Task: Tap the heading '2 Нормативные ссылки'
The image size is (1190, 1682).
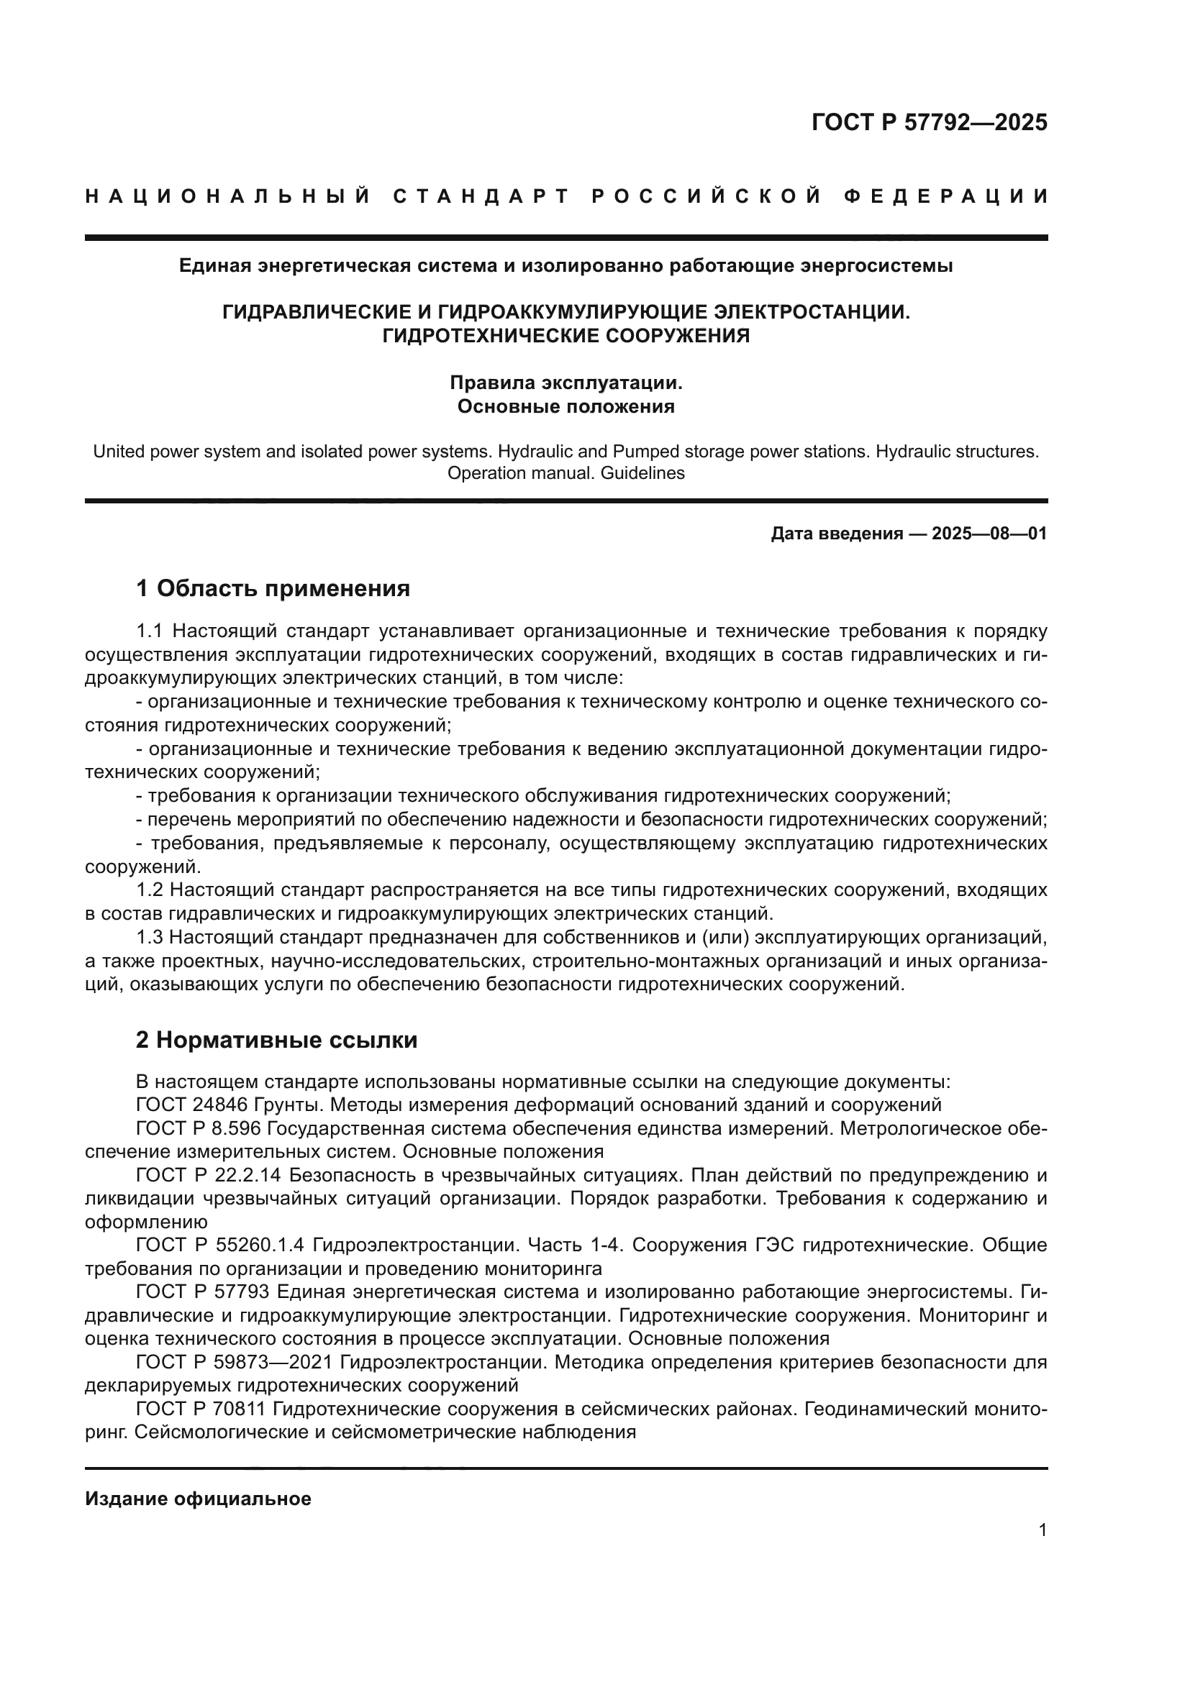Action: (x=276, y=1040)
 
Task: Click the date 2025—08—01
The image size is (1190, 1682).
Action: (x=989, y=534)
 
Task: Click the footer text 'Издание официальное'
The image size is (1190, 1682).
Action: (x=198, y=1499)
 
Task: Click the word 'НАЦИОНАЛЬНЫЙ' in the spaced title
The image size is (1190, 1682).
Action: (x=228, y=196)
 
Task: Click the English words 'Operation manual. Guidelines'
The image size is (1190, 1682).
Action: (x=566, y=473)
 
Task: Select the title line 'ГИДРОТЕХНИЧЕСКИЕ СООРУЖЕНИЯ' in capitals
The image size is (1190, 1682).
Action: (x=566, y=337)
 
